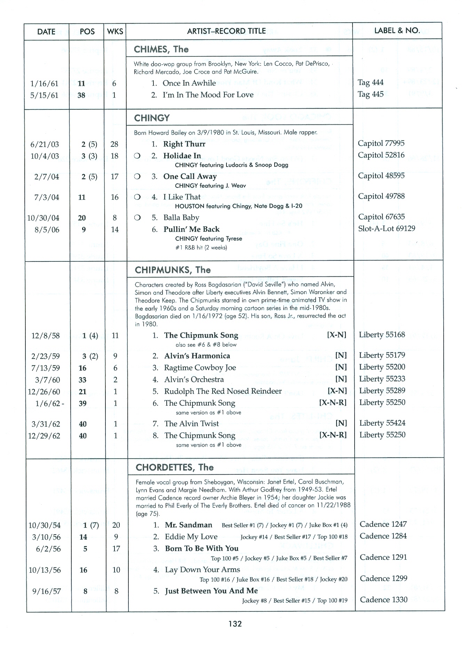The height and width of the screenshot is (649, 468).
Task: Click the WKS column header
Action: point(115,31)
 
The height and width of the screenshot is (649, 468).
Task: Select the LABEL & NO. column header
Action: point(397,31)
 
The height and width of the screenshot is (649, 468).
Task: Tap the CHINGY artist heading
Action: point(152,118)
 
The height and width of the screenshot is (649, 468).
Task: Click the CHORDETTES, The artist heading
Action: point(174,467)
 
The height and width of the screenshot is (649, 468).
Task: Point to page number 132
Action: point(235,624)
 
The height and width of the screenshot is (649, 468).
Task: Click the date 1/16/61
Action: point(44,83)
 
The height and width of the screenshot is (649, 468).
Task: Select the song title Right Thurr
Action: point(184,144)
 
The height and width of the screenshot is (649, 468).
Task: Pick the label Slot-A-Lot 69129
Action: point(387,229)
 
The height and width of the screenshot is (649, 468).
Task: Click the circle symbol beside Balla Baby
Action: point(137,218)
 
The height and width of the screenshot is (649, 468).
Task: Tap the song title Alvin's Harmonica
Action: point(197,356)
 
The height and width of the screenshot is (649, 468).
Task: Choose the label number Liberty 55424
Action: point(382,423)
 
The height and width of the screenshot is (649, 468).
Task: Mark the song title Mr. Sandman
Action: point(188,525)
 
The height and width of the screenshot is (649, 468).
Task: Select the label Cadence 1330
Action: point(383,600)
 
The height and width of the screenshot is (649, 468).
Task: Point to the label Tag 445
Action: point(371,94)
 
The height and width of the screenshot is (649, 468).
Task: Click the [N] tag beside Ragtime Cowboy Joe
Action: point(341,367)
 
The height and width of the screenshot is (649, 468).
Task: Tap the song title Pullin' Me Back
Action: point(191,229)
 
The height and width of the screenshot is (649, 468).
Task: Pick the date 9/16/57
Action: point(46,591)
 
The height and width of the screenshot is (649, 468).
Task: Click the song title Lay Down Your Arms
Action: point(203,570)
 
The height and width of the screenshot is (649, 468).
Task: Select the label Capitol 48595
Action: point(381,176)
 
